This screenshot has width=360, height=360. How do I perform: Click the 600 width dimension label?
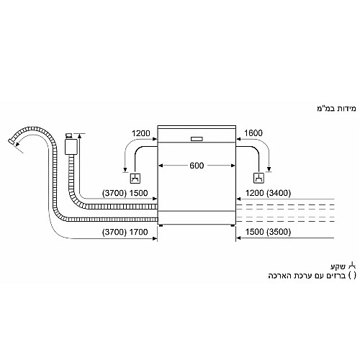point(197,166)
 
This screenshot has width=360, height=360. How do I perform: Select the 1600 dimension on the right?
point(253,132)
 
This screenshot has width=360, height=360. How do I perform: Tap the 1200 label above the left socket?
point(141,133)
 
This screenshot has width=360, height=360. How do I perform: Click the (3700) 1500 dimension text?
point(125,193)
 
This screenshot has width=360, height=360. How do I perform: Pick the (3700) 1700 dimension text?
point(125,232)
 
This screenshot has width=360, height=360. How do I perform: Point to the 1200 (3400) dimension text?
point(268,193)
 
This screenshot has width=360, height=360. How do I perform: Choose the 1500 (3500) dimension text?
point(268,232)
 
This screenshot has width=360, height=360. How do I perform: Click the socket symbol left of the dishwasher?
point(135,179)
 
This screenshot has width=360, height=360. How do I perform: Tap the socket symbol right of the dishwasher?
point(258,178)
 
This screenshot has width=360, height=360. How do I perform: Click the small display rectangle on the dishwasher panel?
point(197,139)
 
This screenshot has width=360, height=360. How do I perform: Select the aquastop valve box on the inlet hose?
point(71,147)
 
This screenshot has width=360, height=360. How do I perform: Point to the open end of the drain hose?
point(11,141)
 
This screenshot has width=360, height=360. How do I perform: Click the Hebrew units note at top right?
point(336,109)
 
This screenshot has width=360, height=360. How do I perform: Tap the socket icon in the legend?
point(352,265)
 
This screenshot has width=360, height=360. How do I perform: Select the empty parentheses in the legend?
point(352,276)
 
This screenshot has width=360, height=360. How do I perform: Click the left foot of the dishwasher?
point(161,225)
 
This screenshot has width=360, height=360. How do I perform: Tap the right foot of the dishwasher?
point(233,225)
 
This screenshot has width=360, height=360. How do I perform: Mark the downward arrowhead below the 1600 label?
point(269,168)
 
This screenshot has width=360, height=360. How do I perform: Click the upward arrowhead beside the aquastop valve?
point(80,135)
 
